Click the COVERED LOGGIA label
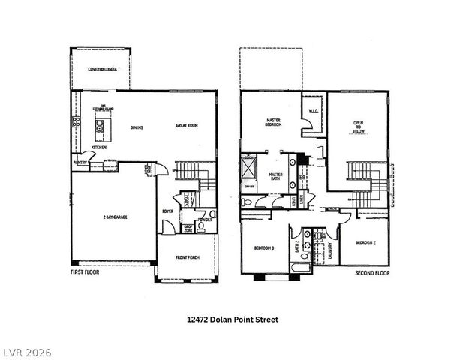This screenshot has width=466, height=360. [x=102, y=69]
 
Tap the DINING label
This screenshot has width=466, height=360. [x=137, y=127]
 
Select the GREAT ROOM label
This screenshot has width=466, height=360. [x=186, y=125]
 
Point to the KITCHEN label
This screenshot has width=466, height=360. [x=99, y=148]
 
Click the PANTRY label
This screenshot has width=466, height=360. [x=80, y=162]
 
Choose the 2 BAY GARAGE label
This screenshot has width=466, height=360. [x=115, y=217]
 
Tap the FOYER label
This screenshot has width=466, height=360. [x=168, y=211]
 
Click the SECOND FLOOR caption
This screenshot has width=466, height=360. [x=372, y=274]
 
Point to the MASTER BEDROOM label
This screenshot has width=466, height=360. [x=274, y=122]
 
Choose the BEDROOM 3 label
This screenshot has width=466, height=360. [x=263, y=248]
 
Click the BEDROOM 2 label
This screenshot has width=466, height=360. [x=365, y=242]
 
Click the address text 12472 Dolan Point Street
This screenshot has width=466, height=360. [x=233, y=319]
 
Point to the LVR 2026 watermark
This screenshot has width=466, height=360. [x=27, y=349]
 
